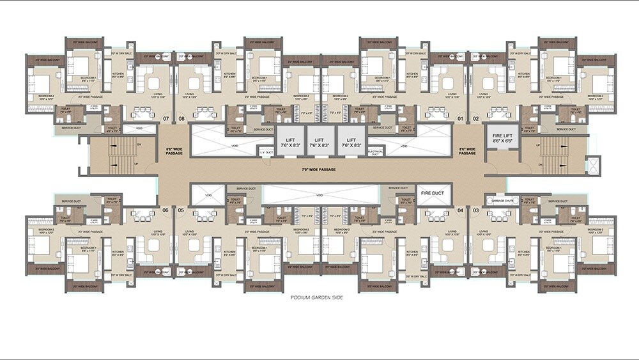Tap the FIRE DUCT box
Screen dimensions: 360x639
coord(432,192)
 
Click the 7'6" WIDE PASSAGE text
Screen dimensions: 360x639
coord(319,169)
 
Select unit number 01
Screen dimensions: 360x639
coord(460,119)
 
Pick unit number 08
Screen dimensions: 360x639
coord(181,119)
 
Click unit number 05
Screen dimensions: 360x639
coord(181,210)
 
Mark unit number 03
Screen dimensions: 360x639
coord(475,210)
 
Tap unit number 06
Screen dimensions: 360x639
coord(166,210)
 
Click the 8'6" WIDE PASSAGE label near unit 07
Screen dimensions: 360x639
coord(173,152)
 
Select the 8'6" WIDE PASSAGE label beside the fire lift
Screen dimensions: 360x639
coord(467,152)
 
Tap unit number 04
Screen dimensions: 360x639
coord(460,210)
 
